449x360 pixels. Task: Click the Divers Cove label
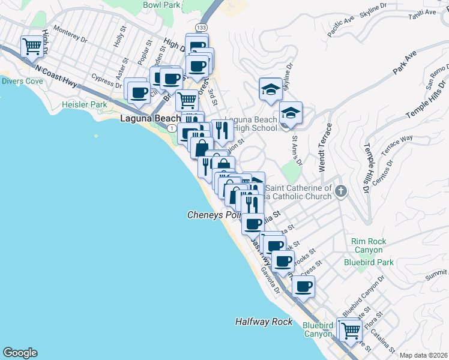coord(22,81)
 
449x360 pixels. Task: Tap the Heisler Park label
coord(84,104)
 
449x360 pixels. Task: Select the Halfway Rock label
coord(264,322)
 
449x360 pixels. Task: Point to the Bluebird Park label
coord(369,262)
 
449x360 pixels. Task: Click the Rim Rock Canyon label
coord(367,245)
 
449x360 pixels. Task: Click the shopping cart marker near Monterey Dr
coord(32,46)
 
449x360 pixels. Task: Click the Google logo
coord(20,353)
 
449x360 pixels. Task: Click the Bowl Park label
coord(161,5)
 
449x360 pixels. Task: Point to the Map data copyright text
coord(423,355)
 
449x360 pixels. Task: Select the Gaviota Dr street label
coord(271,279)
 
